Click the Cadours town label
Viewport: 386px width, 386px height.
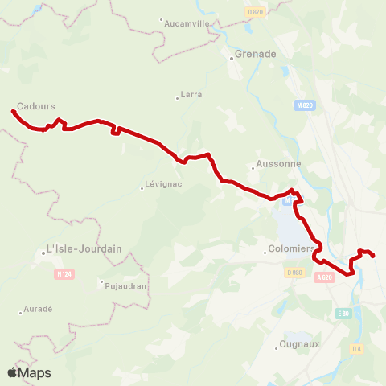click(32, 105)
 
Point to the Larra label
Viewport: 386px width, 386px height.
click(191, 95)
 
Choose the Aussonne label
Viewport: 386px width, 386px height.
click(279, 164)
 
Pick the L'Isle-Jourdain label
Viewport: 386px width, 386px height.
click(84, 248)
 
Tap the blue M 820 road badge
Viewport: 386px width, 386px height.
click(303, 105)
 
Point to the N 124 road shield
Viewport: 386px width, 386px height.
click(64, 274)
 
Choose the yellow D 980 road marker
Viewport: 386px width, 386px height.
click(293, 272)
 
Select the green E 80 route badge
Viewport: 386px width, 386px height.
click(343, 313)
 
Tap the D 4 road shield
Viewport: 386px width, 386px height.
click(357, 348)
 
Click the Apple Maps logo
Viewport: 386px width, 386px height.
click(29, 372)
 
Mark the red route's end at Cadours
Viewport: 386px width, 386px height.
click(13, 111)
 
